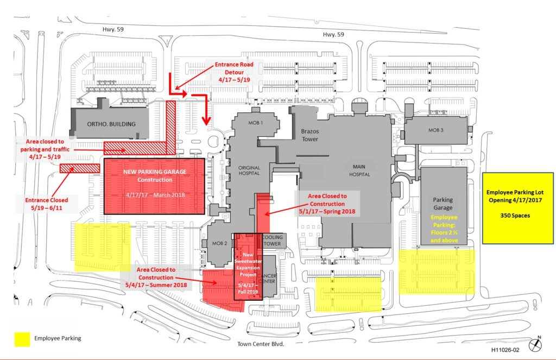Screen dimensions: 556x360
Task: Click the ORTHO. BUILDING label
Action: pos(111,124)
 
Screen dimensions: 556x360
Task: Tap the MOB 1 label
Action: pos(255,123)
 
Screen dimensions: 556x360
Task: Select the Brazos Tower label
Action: pos(310,135)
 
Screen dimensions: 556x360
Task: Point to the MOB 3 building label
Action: pos(436,130)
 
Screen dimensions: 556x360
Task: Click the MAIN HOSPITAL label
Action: pos(359,170)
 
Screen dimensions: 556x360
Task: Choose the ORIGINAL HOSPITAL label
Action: pos(249,170)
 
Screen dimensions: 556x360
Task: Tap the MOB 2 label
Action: pos(219,243)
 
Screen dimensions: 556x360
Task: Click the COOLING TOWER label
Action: pos(273,241)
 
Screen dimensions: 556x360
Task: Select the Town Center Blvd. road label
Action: pos(261,344)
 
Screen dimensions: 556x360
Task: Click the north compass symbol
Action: pos(535,344)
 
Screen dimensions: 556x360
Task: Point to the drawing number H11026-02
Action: pos(505,350)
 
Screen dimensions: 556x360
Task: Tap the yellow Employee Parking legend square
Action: pos(22,339)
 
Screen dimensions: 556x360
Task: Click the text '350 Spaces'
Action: pos(515,215)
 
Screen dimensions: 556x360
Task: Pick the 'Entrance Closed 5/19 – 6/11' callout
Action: pos(47,204)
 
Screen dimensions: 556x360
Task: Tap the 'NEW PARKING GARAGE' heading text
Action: pos(155,172)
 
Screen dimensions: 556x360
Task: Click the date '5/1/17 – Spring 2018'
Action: pos(327,211)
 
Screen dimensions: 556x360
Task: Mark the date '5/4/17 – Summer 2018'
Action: pos(156,285)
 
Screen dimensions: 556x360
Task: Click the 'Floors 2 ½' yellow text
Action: pos(444,233)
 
